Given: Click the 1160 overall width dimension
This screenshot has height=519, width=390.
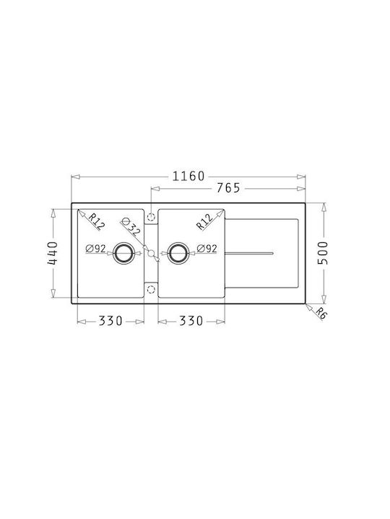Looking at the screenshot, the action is (188, 176).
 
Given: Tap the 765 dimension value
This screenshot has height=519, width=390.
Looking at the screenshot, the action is (228, 188).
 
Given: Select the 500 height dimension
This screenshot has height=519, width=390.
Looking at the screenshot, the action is (322, 253).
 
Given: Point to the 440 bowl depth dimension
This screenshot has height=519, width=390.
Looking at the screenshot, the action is (53, 253).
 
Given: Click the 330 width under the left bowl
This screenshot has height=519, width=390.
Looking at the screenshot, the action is (110, 321).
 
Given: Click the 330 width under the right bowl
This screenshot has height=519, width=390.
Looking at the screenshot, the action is (191, 321).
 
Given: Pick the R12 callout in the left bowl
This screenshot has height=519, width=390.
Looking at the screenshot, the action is (96, 222).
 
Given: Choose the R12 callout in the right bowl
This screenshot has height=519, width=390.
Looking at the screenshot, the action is (204, 222).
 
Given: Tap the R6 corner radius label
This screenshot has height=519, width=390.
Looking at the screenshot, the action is (321, 313).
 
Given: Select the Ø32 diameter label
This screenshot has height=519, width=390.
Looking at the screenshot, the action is (130, 227).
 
